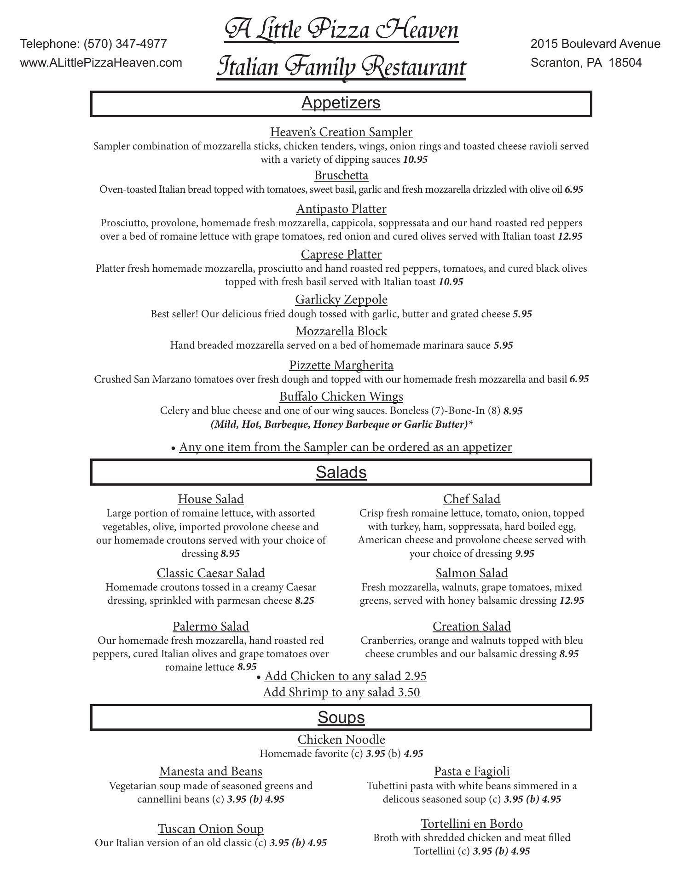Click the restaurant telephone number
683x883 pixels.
125,44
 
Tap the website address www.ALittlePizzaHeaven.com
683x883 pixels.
101,63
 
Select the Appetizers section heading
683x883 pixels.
341,103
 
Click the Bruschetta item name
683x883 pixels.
341,175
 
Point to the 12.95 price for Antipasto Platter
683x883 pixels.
570,236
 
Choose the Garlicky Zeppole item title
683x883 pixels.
341,299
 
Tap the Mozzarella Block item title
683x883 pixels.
341,331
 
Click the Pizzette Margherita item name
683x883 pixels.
341,365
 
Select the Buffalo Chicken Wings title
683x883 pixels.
341,396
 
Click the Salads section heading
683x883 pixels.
341,472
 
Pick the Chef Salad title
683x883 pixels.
472,499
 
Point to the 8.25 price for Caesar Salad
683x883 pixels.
304,601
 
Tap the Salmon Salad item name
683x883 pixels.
472,573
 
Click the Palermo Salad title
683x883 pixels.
211,626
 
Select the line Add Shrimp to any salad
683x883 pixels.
341,692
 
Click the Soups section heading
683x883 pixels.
341,717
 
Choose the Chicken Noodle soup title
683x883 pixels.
341,740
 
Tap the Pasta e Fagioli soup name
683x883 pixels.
472,771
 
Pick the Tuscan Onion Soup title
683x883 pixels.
211,829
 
